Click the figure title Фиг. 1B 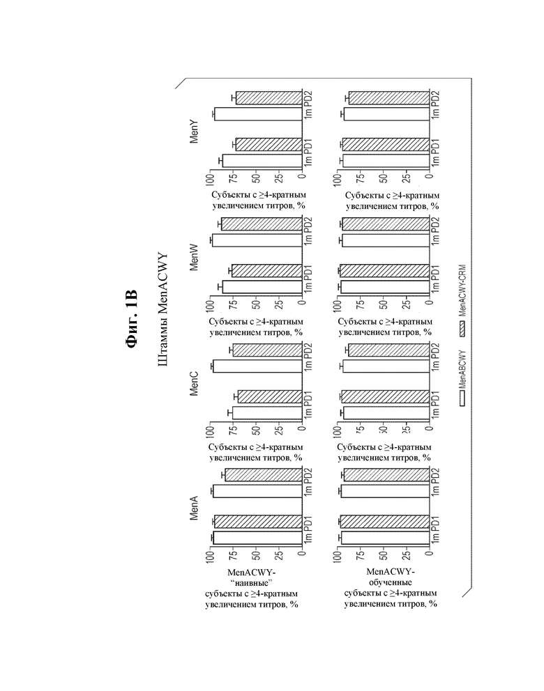click(x=132, y=318)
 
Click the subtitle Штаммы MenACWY click(x=163, y=309)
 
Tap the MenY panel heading click(x=194, y=132)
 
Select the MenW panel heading click(x=194, y=257)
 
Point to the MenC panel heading click(x=194, y=383)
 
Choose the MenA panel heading click(x=194, y=508)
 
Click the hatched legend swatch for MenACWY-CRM click(x=462, y=328)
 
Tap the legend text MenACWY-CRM click(x=462, y=290)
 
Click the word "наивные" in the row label click(x=252, y=583)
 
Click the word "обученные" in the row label click(x=391, y=582)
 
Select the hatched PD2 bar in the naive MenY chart click(x=269, y=98)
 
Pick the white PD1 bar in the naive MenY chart click(x=262, y=161)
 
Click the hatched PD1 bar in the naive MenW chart click(x=267, y=270)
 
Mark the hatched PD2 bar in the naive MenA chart click(x=264, y=474)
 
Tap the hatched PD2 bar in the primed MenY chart click(x=389, y=98)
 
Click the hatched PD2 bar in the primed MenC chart click(x=388, y=350)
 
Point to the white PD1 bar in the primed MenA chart click(x=385, y=538)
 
